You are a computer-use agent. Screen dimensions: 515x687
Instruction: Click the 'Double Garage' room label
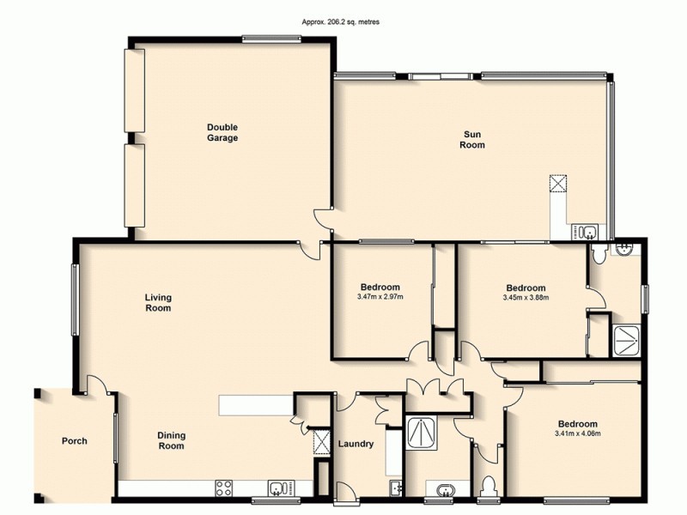click(222, 132)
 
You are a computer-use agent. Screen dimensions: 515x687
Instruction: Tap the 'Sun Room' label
click(473, 139)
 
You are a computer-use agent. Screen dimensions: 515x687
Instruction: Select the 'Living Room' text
click(158, 302)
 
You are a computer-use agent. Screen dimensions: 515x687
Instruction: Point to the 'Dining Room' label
click(171, 440)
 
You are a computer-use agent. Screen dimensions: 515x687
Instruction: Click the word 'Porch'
click(74, 441)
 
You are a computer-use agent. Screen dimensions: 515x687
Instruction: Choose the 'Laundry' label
click(356, 444)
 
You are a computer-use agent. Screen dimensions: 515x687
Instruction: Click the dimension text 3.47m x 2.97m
click(380, 298)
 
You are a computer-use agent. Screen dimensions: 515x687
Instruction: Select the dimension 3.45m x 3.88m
click(525, 298)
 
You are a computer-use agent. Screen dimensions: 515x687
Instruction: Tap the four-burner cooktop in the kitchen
click(224, 488)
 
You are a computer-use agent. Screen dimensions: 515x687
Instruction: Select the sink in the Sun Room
click(588, 231)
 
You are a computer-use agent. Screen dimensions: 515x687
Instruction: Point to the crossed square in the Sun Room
click(559, 184)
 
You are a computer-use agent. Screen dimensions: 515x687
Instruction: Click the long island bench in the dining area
click(255, 404)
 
